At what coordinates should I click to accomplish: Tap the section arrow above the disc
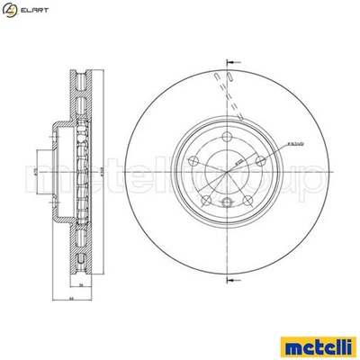pos(230,63)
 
